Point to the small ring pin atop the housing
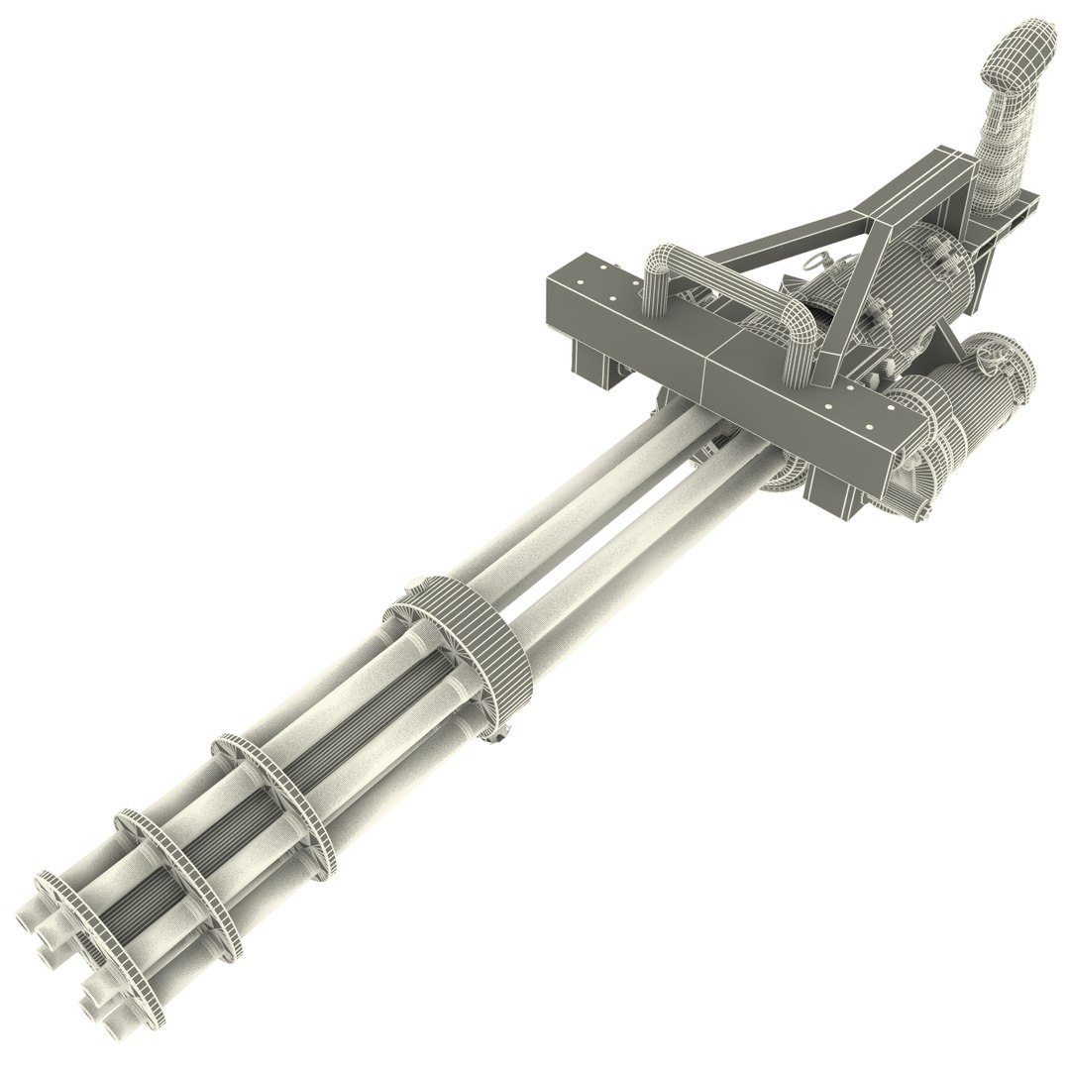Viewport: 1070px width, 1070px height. coord(815,263)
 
